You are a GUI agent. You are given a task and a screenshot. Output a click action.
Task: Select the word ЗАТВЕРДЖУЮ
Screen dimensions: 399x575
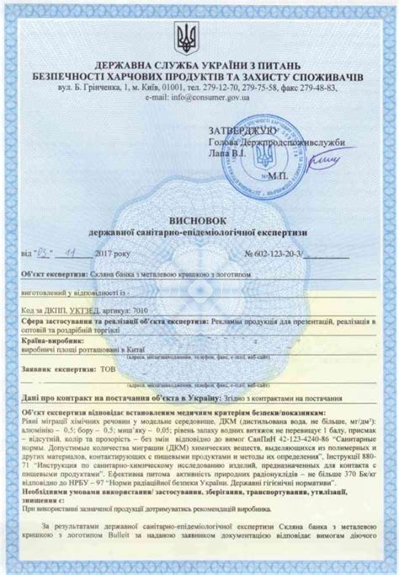pyautogui.click(x=239, y=132)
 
